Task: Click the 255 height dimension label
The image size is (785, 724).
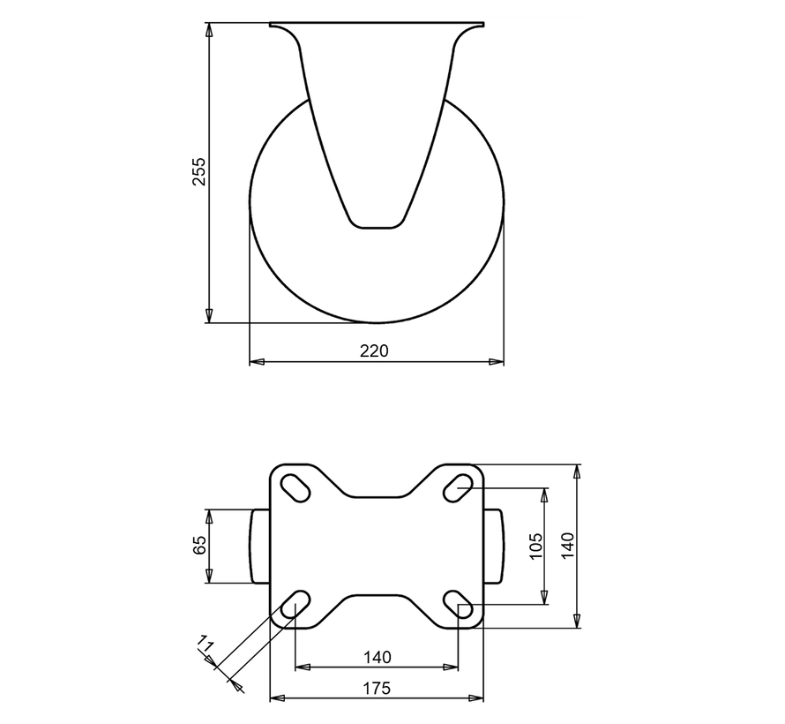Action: point(198,172)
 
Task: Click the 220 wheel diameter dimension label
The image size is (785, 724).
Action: point(374,351)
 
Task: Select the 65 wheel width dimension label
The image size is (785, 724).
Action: point(198,545)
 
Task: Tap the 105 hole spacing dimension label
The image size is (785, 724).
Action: point(535,547)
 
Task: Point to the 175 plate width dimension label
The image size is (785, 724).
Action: point(376,689)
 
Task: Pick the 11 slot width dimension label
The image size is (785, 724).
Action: point(206,643)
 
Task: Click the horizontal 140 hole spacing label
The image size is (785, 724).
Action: point(377,657)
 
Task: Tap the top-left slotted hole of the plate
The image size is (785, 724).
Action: point(295,487)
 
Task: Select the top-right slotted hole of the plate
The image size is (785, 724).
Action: point(458,487)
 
